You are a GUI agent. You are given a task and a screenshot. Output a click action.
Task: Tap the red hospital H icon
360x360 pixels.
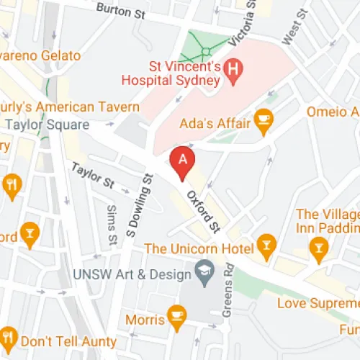tap(233, 70)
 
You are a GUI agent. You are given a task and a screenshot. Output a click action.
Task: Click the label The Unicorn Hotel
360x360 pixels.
tap(199, 249)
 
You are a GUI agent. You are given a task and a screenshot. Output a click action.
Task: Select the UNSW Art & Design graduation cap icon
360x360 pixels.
tap(204, 274)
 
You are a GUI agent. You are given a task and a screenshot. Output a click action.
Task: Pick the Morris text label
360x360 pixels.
tap(145, 318)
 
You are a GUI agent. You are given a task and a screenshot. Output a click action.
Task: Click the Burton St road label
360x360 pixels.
tap(120, 12)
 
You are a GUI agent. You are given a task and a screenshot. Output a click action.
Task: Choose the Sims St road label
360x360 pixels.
tap(111, 223)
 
